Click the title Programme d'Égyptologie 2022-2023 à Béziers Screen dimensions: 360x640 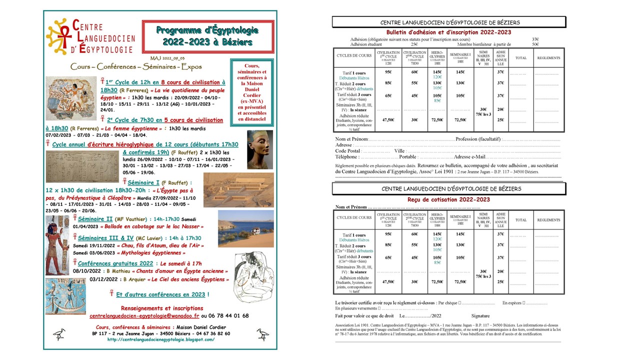(x=208, y=36)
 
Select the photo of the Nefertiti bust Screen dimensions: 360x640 (x=260, y=149)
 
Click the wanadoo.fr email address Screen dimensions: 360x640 (x=144, y=316)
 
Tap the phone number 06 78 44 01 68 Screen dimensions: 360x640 (x=228, y=316)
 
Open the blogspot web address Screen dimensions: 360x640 (x=160, y=339)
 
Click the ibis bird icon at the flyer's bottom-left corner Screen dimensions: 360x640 (x=59, y=333)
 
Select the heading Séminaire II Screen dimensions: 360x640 (x=95, y=219)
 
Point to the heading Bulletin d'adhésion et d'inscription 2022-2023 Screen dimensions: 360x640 (x=449, y=32)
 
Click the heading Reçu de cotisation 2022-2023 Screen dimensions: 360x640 (x=448, y=199)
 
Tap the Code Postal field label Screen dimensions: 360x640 (x=348, y=151)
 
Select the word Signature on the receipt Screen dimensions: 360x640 (x=480, y=316)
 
